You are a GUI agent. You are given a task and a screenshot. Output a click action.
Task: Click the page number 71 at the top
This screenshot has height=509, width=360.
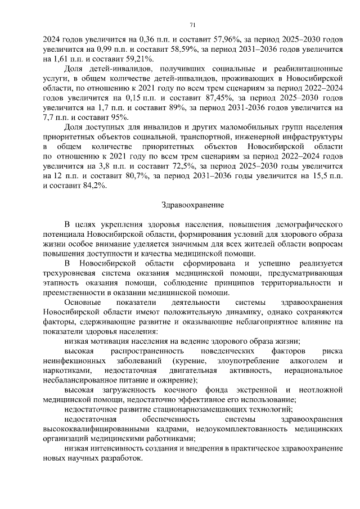[x=192, y=25]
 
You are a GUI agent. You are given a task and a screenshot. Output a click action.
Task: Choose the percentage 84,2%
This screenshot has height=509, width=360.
[x=93, y=186]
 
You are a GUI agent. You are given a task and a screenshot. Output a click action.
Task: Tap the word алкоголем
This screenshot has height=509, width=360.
[x=307, y=360]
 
